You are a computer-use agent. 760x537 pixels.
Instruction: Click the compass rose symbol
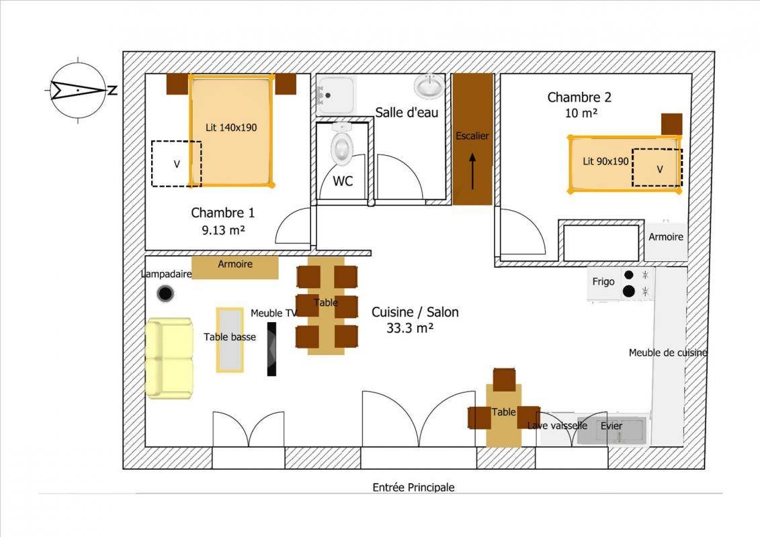(x=78, y=90)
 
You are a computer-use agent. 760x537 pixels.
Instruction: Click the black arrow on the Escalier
(x=472, y=171)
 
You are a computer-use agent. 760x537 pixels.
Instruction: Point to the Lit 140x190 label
(x=231, y=128)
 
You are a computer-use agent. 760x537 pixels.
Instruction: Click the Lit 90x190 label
(x=605, y=161)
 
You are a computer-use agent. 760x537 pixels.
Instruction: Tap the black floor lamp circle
(x=166, y=293)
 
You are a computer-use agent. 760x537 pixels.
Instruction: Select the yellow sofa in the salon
(x=169, y=358)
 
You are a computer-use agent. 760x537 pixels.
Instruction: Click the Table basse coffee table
(x=230, y=340)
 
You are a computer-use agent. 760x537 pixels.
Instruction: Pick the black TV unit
(x=272, y=348)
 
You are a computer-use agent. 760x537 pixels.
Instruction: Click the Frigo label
(x=603, y=282)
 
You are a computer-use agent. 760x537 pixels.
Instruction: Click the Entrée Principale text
(x=413, y=487)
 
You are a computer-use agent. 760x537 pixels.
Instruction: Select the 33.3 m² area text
(x=409, y=328)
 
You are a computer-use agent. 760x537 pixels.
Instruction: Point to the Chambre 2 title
(x=579, y=97)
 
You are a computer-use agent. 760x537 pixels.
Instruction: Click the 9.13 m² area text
(x=223, y=230)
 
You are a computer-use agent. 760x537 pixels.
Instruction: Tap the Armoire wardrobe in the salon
(x=235, y=267)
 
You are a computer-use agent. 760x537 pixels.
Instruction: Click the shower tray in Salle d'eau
(x=335, y=95)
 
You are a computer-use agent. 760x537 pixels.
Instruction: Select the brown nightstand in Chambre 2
(x=672, y=124)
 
